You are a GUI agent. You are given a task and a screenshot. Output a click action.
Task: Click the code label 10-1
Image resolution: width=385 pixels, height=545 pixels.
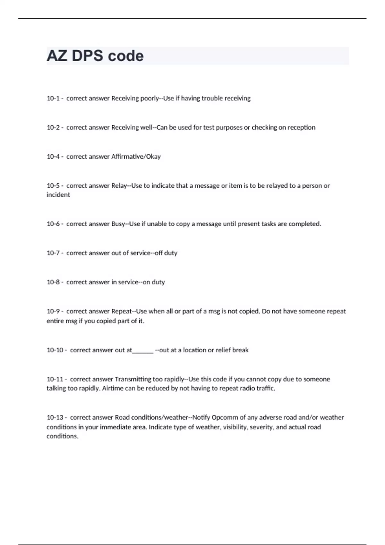(53, 98)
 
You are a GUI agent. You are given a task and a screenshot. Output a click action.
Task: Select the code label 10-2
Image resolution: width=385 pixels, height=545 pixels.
(53, 128)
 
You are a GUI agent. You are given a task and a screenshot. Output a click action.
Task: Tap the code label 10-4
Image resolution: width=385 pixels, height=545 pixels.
(53, 157)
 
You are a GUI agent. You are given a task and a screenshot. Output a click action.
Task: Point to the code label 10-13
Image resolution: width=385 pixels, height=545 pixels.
(55, 417)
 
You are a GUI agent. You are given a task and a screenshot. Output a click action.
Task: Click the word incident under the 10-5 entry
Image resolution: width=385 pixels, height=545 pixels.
(58, 195)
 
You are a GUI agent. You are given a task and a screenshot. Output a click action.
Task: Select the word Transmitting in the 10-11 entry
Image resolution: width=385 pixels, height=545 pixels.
(133, 379)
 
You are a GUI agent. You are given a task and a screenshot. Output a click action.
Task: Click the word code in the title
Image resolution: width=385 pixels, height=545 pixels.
(125, 56)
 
